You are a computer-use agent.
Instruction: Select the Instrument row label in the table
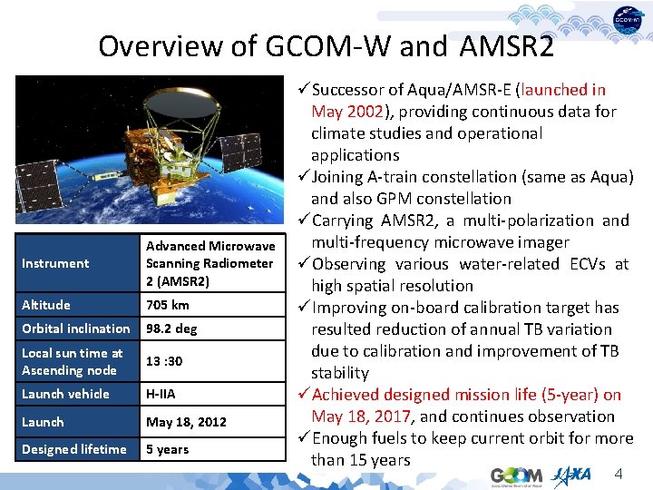55,263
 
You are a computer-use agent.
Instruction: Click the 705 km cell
168,305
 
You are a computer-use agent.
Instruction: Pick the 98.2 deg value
171,328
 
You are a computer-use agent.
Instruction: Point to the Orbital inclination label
76,328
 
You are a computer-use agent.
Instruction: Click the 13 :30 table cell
164,361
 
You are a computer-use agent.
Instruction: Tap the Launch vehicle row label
65,394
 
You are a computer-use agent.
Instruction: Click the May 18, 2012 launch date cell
186,422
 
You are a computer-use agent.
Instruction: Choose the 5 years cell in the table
168,449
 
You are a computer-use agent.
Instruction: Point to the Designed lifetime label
74,449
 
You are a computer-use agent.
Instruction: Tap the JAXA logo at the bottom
571,475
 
